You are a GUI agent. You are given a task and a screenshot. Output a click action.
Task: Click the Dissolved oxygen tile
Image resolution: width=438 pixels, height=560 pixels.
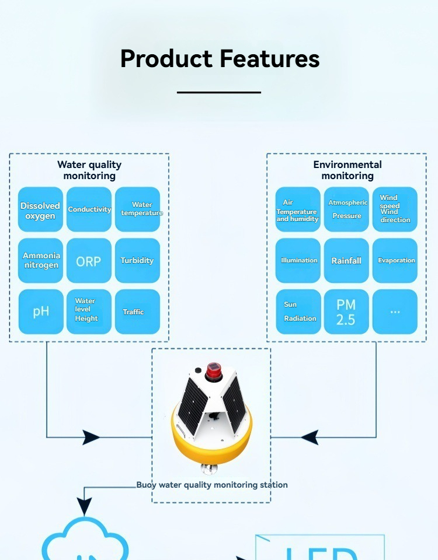pos(40,210)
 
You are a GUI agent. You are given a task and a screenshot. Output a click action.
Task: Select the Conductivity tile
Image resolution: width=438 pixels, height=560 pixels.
pos(89,210)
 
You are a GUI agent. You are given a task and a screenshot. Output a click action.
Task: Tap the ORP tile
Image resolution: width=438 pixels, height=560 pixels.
pos(89,261)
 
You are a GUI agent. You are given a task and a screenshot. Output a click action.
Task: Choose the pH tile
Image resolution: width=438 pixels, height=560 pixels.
pos(40,311)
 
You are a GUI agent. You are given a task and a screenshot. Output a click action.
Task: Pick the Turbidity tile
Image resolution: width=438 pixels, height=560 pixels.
pos(137,261)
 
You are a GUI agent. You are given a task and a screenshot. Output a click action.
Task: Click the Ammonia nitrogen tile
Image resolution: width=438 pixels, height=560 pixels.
pos(40,261)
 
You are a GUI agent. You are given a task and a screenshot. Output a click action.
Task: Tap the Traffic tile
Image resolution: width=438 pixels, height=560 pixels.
pos(137,311)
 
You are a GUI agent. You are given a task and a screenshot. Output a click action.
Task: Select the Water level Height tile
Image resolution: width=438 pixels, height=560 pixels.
pos(89,311)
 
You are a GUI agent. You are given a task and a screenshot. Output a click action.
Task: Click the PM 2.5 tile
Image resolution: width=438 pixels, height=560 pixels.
pos(346,311)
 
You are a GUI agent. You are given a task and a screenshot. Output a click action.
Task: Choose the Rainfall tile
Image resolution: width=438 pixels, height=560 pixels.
pos(346,261)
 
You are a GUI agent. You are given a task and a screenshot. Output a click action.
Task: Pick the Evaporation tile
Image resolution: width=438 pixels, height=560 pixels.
pos(395,261)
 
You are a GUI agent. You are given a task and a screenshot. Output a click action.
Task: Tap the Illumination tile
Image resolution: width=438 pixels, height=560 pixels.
pos(298,261)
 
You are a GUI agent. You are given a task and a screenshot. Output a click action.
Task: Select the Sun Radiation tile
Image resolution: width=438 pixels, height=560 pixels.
pos(298,311)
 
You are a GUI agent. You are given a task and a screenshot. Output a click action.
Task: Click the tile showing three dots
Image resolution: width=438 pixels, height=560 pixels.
pos(395,311)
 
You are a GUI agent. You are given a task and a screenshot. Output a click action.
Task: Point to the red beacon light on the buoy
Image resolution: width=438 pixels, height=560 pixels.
pos(212,369)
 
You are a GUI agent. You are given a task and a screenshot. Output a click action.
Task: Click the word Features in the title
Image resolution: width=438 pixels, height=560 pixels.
pos(270,59)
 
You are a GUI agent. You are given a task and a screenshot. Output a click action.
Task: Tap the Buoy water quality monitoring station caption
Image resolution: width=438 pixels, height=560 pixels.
pos(212,485)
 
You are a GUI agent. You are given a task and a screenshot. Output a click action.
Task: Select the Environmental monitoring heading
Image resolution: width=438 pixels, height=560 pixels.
pos(347,170)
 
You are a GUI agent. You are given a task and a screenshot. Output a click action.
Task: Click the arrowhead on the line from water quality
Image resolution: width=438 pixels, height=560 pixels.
pos(92,437)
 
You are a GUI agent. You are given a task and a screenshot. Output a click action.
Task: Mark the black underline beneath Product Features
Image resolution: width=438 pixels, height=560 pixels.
pos(219,92)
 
